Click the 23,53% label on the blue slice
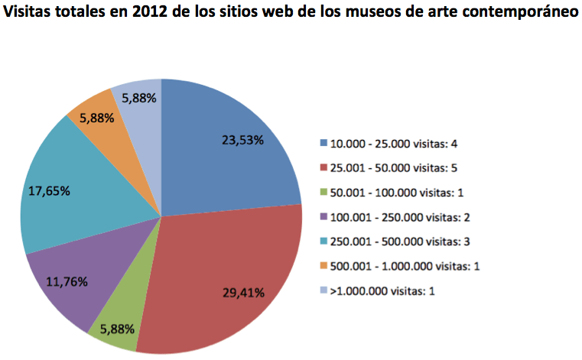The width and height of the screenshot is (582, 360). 242,140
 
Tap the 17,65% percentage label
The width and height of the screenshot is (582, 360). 49,191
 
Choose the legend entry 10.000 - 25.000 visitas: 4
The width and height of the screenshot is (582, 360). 393,143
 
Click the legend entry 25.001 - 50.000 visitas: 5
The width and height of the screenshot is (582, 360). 393,167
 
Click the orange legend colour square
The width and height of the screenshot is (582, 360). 324,266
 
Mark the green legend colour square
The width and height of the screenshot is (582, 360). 324,192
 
